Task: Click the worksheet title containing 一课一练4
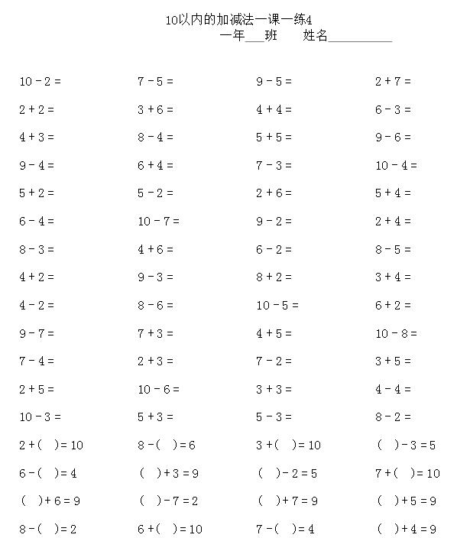pos(240,21)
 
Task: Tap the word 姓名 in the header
pos(315,36)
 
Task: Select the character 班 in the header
pos(271,36)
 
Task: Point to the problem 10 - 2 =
pos(40,81)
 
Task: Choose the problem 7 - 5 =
pos(156,81)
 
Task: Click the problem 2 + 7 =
pos(393,81)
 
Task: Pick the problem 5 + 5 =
pos(274,138)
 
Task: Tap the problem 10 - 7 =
pos(158,222)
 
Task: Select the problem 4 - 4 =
pos(393,389)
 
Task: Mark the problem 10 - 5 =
pos(277,305)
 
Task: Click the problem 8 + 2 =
pos(274,277)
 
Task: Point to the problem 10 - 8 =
pos(396,333)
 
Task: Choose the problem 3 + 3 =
pos(274,389)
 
